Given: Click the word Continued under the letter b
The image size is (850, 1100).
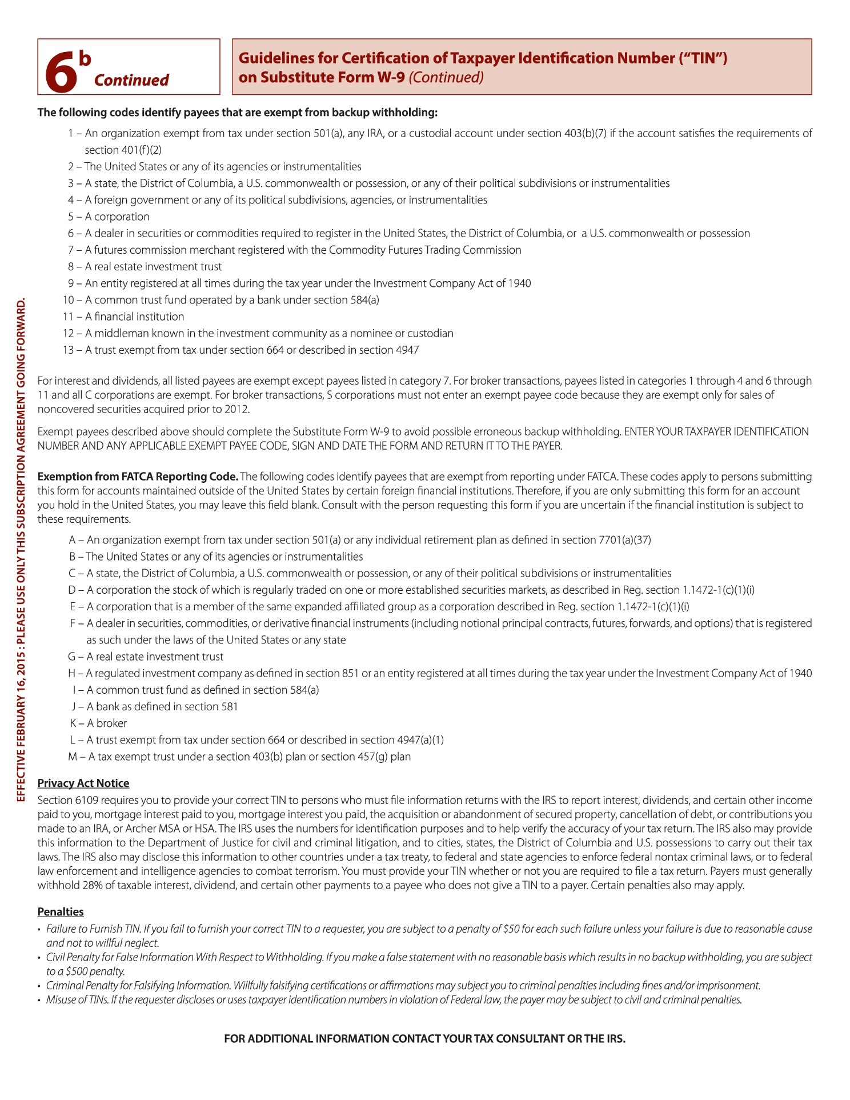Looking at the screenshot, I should (131, 80).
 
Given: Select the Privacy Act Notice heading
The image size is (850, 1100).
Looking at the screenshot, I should (83, 783).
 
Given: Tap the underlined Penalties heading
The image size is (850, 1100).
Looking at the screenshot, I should (61, 911).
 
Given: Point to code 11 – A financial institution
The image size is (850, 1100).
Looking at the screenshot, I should (123, 317).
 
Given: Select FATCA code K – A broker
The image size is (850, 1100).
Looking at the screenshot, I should (98, 723).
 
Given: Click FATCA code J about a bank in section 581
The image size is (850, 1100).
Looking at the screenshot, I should (154, 706).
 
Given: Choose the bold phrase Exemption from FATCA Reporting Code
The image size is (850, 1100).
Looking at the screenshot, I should (138, 477).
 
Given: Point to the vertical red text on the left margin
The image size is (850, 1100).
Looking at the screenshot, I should (21, 549).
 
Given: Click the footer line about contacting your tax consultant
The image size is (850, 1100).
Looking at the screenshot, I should (424, 1038).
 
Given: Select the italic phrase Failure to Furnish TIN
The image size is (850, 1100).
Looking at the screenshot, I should (92, 929).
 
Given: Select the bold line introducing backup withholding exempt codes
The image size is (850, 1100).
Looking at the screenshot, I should (237, 112).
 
